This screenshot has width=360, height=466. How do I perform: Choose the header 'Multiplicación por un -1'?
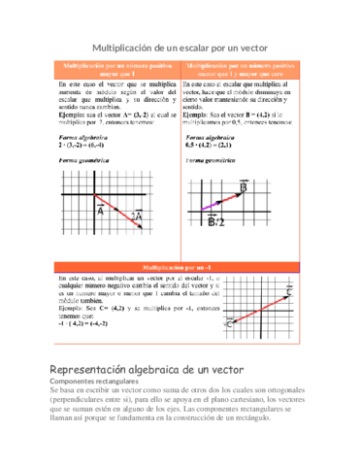click(x=180, y=265)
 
